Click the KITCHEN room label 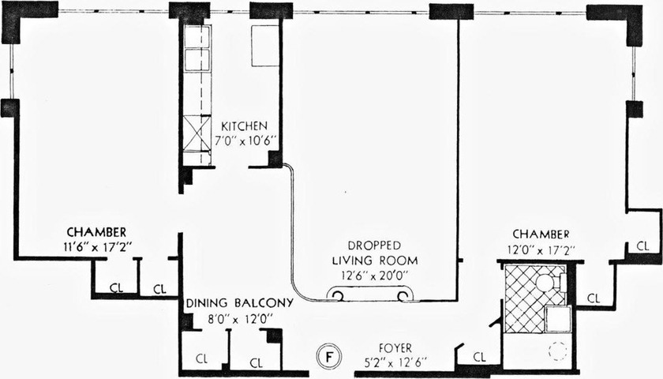tap(245, 126)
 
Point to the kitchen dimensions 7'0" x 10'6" tap(245, 141)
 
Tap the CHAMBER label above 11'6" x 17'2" tap(96, 232)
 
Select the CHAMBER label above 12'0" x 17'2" tap(541, 234)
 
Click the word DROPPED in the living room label tap(374, 246)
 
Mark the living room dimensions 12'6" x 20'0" tap(375, 276)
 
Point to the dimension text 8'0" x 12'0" tap(239, 318)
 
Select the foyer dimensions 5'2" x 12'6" tap(396, 362)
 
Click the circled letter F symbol tap(328, 355)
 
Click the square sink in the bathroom tap(558, 318)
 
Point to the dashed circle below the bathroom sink tap(557, 351)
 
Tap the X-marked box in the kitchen tap(197, 133)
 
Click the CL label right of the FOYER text tap(480, 358)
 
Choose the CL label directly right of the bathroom tap(594, 298)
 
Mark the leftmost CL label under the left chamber tap(116, 288)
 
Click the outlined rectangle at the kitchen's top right tap(265, 46)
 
